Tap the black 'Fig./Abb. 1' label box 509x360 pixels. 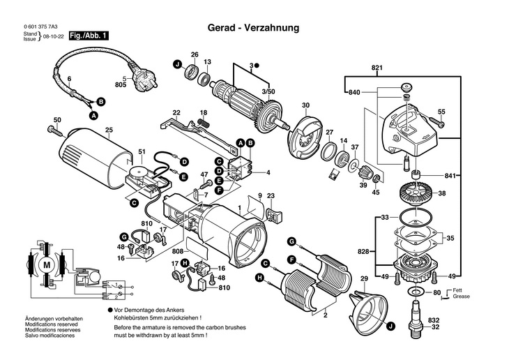tap(89, 36)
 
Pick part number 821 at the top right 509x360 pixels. tap(377, 68)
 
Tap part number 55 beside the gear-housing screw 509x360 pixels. tap(441, 112)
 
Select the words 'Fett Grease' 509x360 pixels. tap(457, 293)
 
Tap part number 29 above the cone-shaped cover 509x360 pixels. tap(363, 279)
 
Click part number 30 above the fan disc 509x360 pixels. tap(305, 105)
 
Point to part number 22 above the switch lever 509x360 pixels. tap(176, 112)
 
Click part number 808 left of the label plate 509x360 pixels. tap(177, 251)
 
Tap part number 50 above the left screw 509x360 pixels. tap(57, 120)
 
